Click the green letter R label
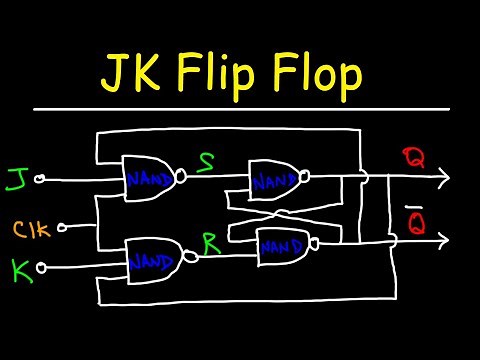pyautogui.click(x=210, y=240)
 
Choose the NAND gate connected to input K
pyautogui.click(x=153, y=263)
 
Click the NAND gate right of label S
pyautogui.click(x=275, y=181)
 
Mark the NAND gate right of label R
pyautogui.click(x=282, y=246)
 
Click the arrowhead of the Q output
pyautogui.click(x=442, y=179)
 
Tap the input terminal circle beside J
pyautogui.click(x=39, y=181)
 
